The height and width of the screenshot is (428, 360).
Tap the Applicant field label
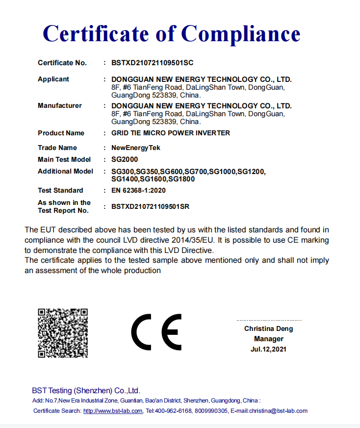click(x=53, y=79)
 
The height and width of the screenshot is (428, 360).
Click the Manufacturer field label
click(x=60, y=105)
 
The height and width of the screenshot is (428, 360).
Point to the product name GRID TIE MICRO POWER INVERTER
click(x=171, y=133)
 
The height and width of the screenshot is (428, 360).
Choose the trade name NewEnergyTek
click(x=136, y=148)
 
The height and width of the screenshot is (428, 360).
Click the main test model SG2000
click(x=125, y=159)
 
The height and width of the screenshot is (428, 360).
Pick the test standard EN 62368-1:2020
click(x=139, y=190)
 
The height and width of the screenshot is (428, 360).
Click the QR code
click(x=63, y=333)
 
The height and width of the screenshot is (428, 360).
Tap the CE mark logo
click(x=156, y=332)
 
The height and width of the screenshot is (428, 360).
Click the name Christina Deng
click(x=269, y=328)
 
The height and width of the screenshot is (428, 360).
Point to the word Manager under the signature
click(x=269, y=339)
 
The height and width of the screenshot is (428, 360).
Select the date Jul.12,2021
click(x=268, y=349)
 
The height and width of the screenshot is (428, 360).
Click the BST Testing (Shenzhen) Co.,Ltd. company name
click(x=86, y=391)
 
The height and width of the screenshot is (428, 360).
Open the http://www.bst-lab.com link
click(x=113, y=411)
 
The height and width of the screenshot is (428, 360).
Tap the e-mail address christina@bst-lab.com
click(x=278, y=411)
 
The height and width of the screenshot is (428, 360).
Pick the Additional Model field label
click(x=65, y=171)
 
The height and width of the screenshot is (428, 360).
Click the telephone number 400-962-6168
click(x=174, y=411)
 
